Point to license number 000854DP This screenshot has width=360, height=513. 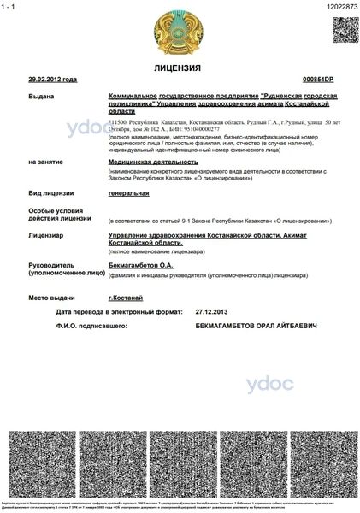tap(318, 79)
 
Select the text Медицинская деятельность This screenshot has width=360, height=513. tap(153, 161)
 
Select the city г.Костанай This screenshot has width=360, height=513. tap(126, 297)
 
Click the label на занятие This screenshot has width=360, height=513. tap(45, 161)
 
